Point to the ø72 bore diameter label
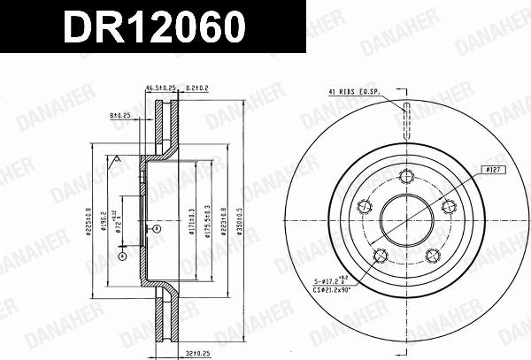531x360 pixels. pos(116,211)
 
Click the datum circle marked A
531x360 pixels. pos(123,257)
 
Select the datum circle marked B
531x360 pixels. pos(157,229)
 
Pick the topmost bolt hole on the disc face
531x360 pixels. pos(407,174)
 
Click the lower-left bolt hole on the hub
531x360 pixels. pos(381,256)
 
